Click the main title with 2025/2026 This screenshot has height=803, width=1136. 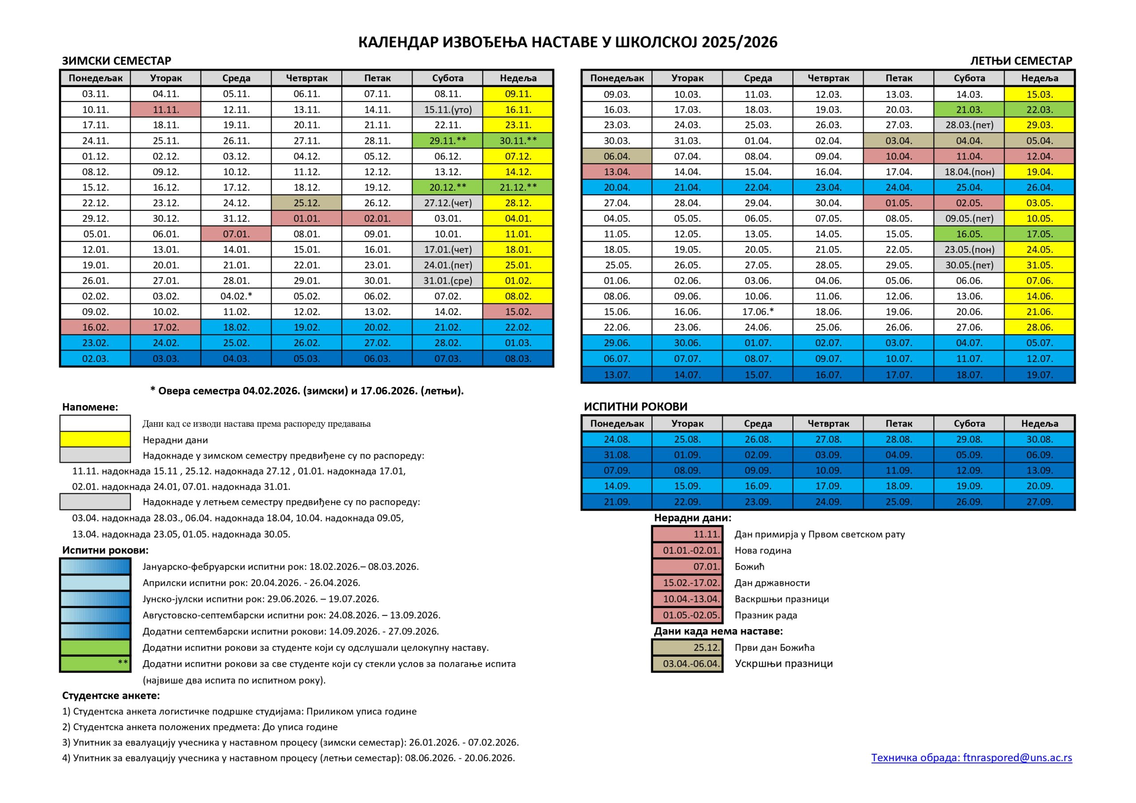coord(568,42)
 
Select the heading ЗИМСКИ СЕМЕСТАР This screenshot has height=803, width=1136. coord(116,61)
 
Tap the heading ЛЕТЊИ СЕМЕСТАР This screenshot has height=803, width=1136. coord(1021,61)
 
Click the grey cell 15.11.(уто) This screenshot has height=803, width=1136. coord(448,109)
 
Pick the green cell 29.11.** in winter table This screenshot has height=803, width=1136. coord(448,141)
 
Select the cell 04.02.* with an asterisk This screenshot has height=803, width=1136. coord(236,296)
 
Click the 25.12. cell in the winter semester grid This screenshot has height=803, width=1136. coord(306,203)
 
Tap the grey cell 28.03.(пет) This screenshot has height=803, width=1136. coord(969,125)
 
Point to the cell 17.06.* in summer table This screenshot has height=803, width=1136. coord(757,312)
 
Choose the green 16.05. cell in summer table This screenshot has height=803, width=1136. coord(969,234)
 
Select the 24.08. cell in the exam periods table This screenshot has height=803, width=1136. coord(616,439)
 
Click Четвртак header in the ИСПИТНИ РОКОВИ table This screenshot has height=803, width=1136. coord(828,424)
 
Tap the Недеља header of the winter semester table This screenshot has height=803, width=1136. coord(518,78)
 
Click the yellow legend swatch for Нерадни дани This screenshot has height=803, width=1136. coord(95,439)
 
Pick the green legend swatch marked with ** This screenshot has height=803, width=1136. coord(95,664)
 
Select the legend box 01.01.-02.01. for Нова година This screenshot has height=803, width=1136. coord(687,550)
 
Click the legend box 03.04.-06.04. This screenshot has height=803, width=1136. coord(687,664)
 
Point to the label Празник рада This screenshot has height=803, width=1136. coord(765,615)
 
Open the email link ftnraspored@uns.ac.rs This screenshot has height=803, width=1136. coord(971,757)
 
